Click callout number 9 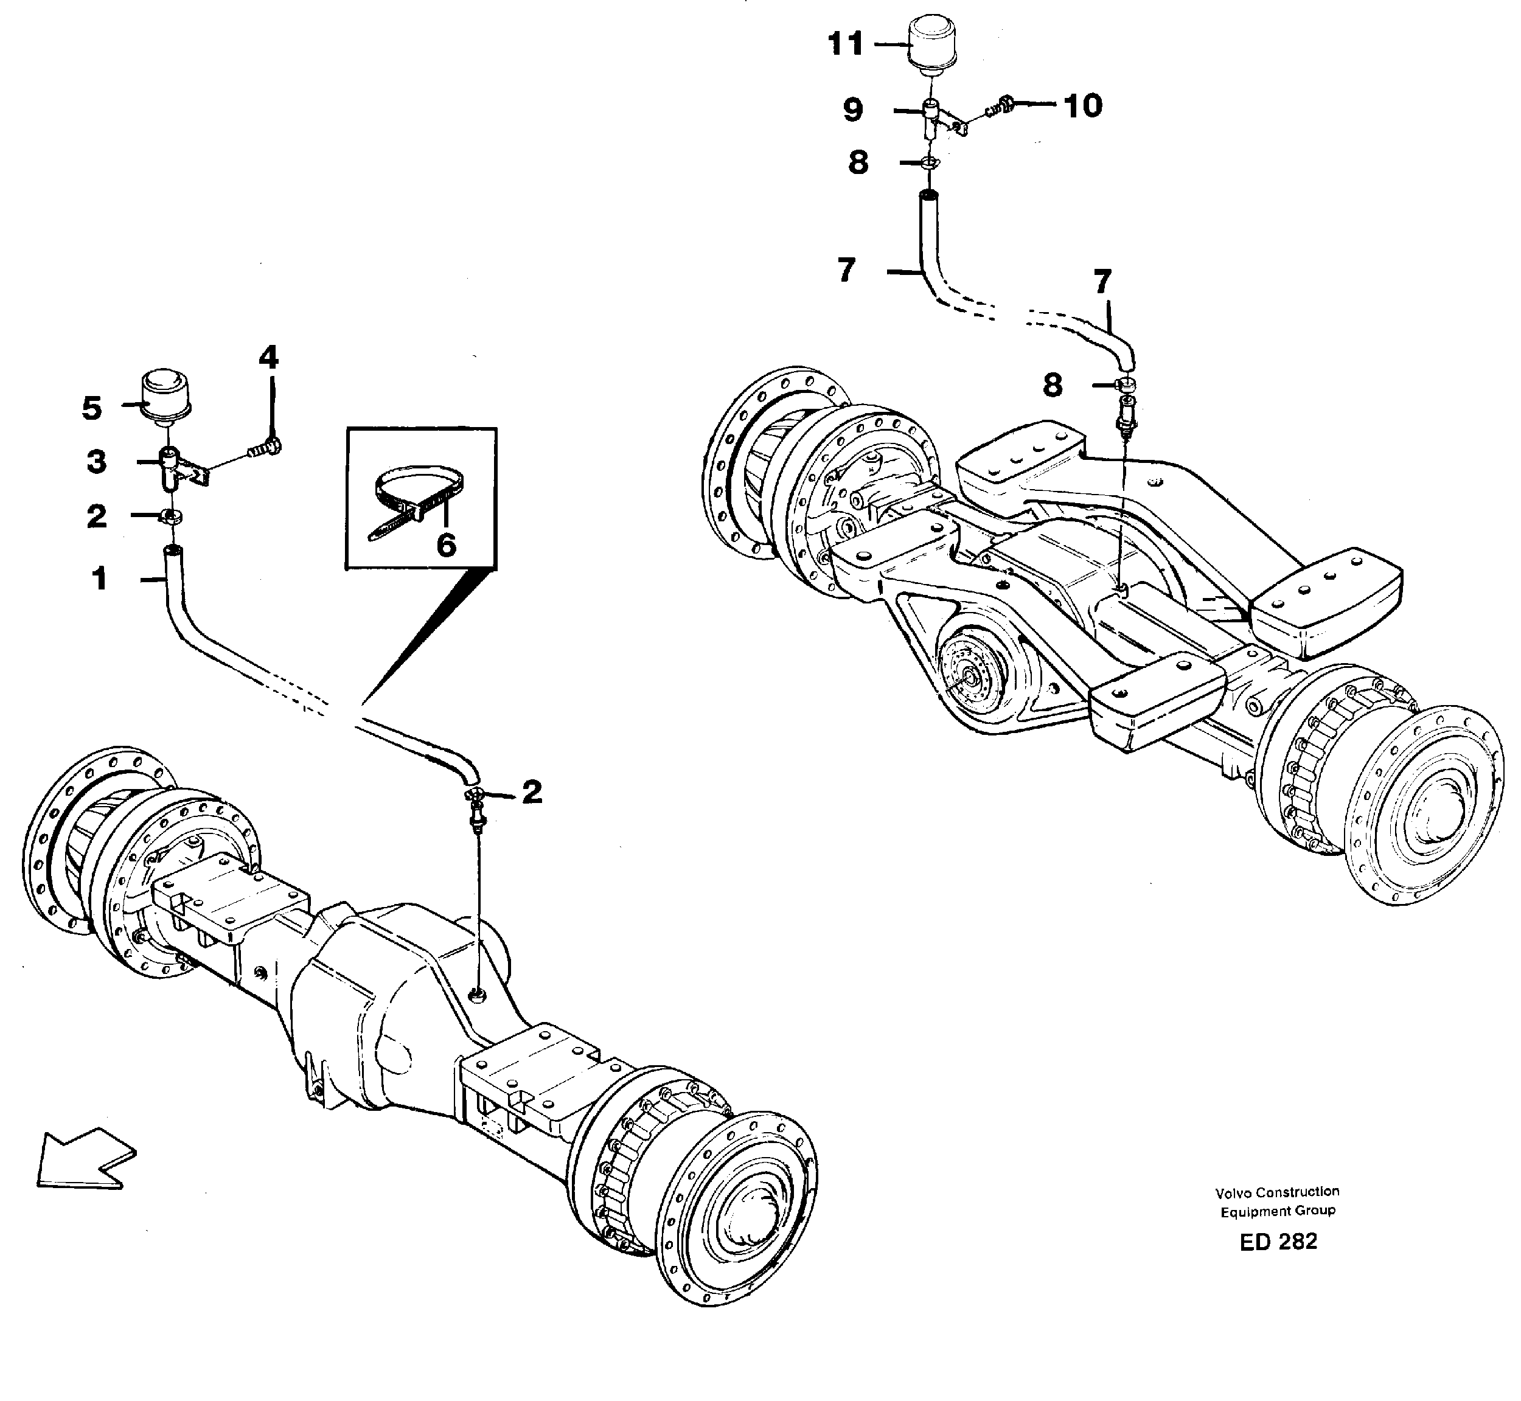click(853, 111)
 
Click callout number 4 click(268, 357)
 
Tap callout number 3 click(96, 462)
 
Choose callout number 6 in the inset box click(446, 544)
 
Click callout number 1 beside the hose click(99, 579)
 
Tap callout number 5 click(91, 409)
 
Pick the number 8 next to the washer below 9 click(858, 162)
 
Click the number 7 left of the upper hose click(847, 271)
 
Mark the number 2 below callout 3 click(96, 516)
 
